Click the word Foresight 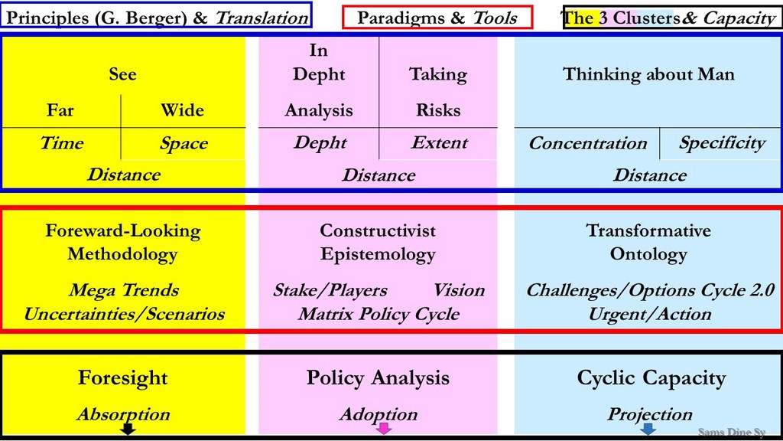coord(123,378)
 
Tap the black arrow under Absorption coord(128,429)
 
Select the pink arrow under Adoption coord(384,429)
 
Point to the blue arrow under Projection coord(648,429)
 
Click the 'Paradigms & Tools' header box coord(437,18)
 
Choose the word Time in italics coord(62,143)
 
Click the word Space coord(184,144)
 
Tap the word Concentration coord(588,143)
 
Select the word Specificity coord(722,144)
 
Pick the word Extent coord(440,143)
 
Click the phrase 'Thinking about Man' coord(648,74)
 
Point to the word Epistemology coord(378,254)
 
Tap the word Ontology coord(648,254)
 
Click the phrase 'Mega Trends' coord(124,290)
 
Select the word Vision coord(459,290)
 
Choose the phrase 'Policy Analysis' coord(378,378)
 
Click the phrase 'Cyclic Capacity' coord(651,378)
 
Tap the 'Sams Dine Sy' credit coord(732,432)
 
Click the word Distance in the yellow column coord(124,175)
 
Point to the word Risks coord(438,110)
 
